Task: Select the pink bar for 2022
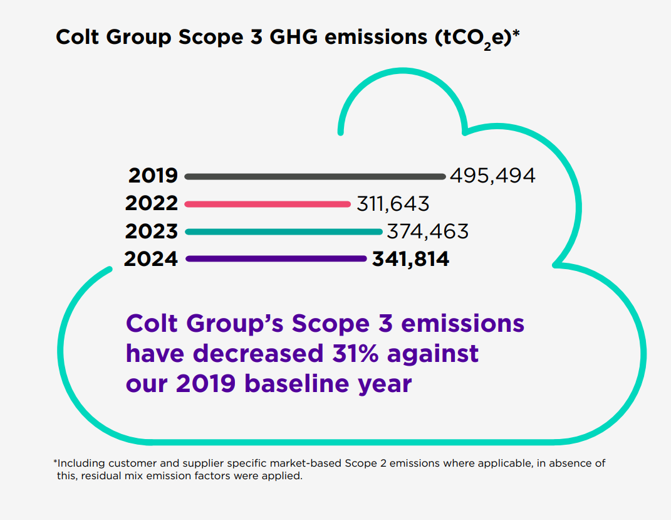point(268,204)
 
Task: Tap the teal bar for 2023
point(284,231)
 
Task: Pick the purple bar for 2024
point(276,258)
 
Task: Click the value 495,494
point(492,176)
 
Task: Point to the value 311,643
point(393,204)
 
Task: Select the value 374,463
point(427,231)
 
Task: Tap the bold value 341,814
point(410,258)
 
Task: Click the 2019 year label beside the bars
point(153,176)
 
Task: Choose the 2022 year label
point(152,204)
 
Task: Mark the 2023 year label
point(152,231)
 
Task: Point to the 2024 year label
point(151,258)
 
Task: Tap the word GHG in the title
point(295,37)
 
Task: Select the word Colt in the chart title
point(76,37)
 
